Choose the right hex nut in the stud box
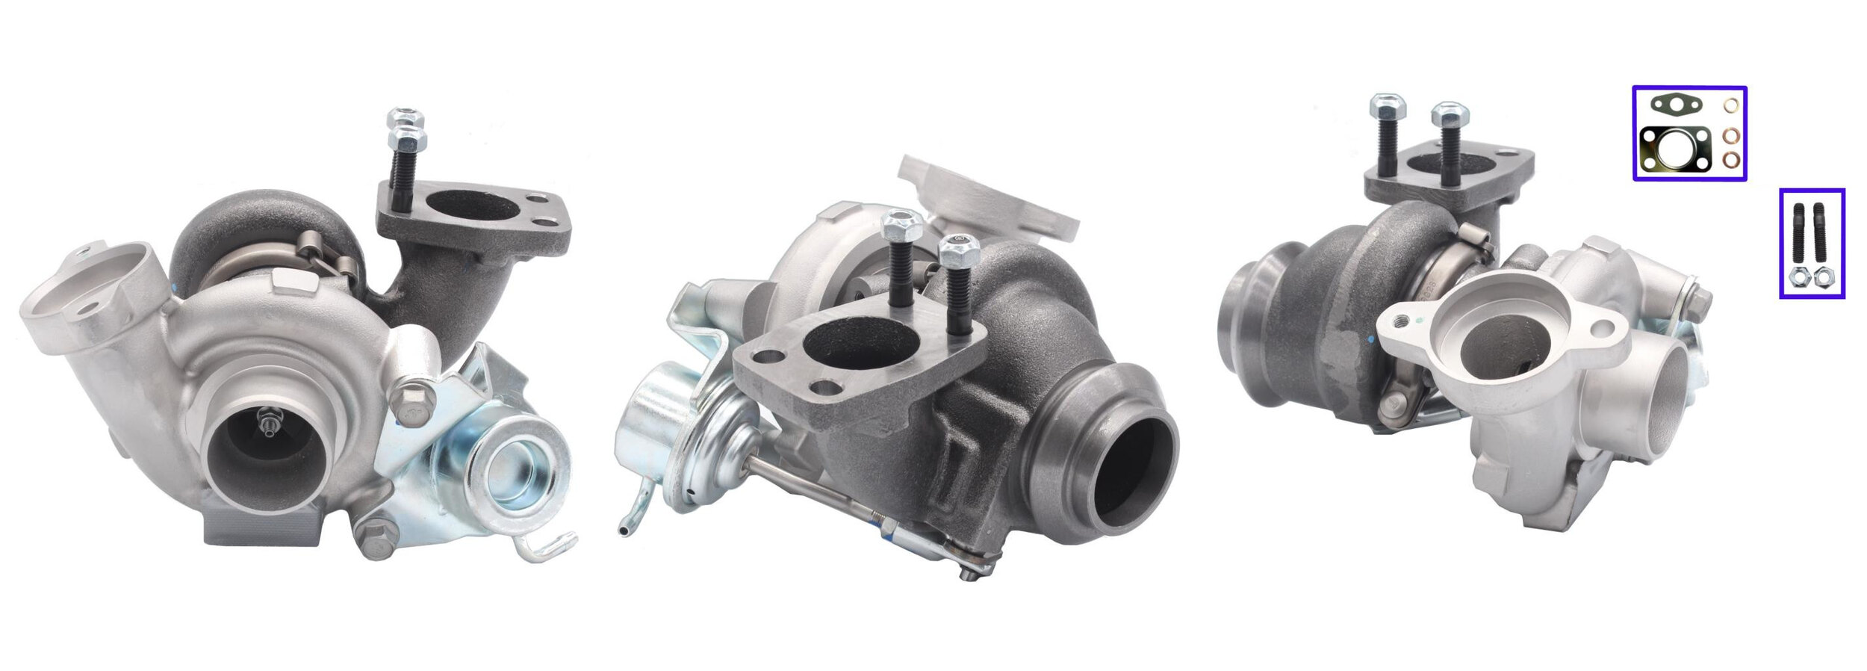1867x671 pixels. pos(1824,279)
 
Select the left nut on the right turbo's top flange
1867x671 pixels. pos(1388,106)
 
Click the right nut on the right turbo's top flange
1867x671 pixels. pos(1450,115)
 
